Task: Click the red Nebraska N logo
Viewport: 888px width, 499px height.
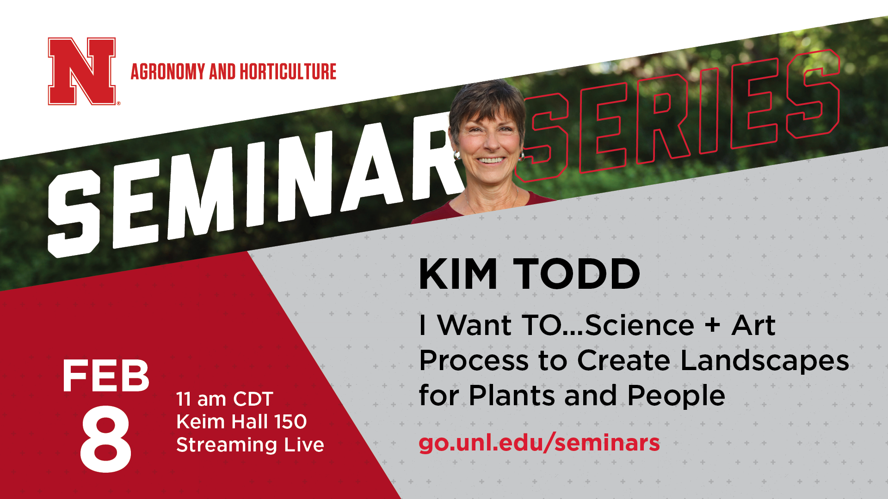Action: point(82,71)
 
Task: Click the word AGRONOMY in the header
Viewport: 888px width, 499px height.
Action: point(168,72)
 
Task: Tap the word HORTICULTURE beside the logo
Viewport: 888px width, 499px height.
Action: point(288,72)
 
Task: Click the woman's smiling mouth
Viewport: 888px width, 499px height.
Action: point(491,160)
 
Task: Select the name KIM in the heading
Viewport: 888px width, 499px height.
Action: point(458,274)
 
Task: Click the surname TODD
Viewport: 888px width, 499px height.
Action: point(577,274)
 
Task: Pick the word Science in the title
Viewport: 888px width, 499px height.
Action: point(640,325)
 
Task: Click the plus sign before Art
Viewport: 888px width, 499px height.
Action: point(713,324)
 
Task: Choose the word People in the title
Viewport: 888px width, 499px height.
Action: point(676,396)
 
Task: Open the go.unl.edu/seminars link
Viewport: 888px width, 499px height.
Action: point(539,443)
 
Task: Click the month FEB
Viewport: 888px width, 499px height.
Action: point(106,376)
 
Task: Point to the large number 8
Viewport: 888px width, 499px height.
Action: point(106,439)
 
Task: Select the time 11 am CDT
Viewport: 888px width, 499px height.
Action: point(225,399)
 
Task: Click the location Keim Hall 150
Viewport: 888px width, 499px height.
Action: point(241,421)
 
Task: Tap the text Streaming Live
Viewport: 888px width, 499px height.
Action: point(250,444)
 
